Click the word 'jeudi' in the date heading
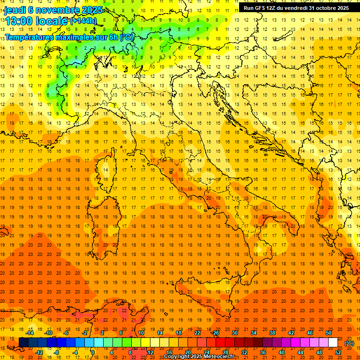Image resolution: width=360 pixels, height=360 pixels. click(15, 9)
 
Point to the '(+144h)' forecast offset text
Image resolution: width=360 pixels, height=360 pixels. click(83, 21)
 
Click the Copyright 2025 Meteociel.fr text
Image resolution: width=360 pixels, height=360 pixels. click(199, 357)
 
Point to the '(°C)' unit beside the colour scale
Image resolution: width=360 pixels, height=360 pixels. click(349, 343)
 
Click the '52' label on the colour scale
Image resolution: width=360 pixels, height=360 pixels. click(338, 352)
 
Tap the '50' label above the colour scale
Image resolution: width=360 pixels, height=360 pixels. click(329, 333)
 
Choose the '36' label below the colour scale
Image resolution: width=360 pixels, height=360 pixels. click(263, 352)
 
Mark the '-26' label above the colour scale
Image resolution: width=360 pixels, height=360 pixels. click(215, 333)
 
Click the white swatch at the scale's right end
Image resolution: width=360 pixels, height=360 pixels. click(333, 343)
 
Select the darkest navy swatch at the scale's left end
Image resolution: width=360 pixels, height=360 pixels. click(24, 343)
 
